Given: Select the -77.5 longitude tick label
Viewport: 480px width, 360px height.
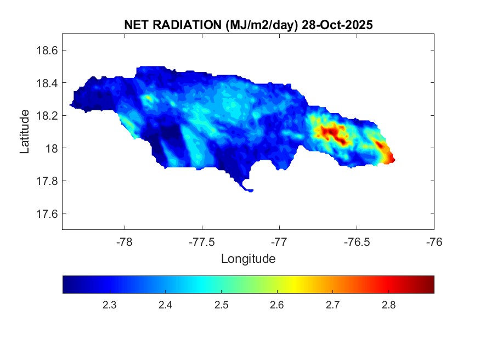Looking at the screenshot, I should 202,241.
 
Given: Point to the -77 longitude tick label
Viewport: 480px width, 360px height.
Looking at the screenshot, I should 279,241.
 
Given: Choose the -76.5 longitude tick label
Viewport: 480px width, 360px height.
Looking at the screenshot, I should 357,241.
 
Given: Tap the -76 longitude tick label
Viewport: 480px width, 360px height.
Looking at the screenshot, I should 434,241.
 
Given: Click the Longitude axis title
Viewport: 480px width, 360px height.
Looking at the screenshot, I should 248,258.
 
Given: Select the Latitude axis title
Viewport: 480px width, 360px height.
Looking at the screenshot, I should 25,132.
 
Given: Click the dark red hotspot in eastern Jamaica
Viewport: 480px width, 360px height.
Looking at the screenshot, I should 331,133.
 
